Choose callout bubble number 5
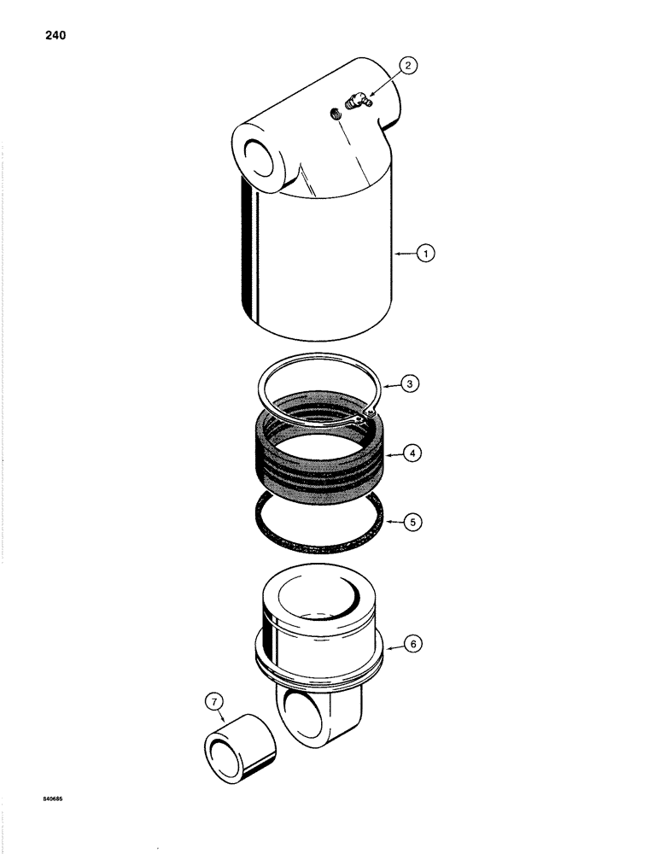click(x=412, y=519)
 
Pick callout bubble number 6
click(x=413, y=646)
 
